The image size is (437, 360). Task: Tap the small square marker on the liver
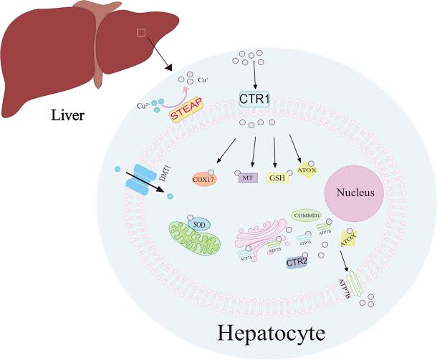(x=140, y=32)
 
